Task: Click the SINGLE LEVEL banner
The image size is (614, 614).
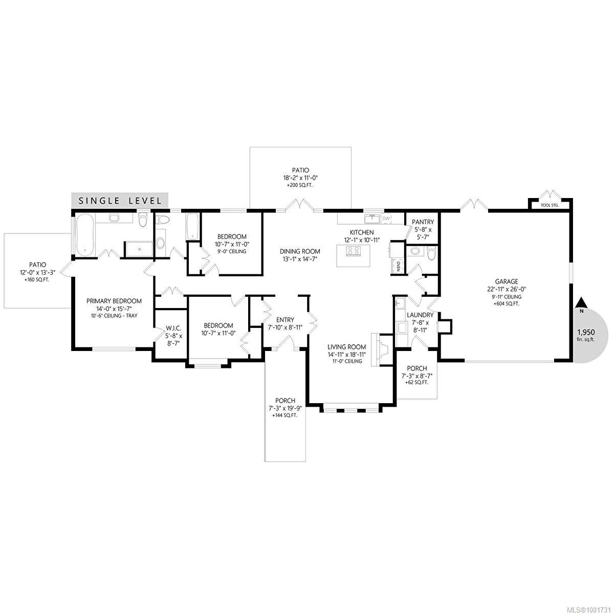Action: tap(120, 201)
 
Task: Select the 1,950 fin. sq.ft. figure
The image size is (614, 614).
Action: tap(586, 335)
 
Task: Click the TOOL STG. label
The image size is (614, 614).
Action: tap(550, 205)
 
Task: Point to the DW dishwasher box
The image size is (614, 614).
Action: tap(386, 218)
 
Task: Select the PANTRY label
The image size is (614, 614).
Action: tap(423, 222)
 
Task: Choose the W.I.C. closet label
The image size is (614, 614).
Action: tap(173, 327)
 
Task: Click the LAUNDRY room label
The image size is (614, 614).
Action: tap(420, 315)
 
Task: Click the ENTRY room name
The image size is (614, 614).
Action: tap(285, 320)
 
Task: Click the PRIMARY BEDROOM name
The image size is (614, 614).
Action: tap(114, 301)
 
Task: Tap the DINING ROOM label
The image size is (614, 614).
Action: tap(300, 251)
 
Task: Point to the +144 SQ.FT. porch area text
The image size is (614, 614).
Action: tap(285, 415)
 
